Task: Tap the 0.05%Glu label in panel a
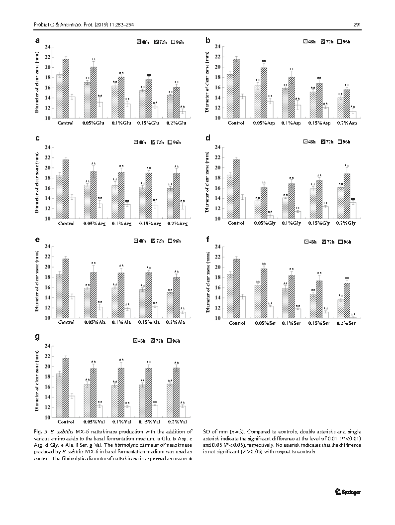(94, 123)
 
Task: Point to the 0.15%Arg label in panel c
(149, 223)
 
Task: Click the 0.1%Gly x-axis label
(291, 223)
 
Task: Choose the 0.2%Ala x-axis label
(177, 322)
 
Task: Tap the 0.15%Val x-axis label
(149, 421)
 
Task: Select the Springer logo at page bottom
(348, 492)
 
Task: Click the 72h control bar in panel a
(66, 89)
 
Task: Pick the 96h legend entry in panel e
(177, 241)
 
